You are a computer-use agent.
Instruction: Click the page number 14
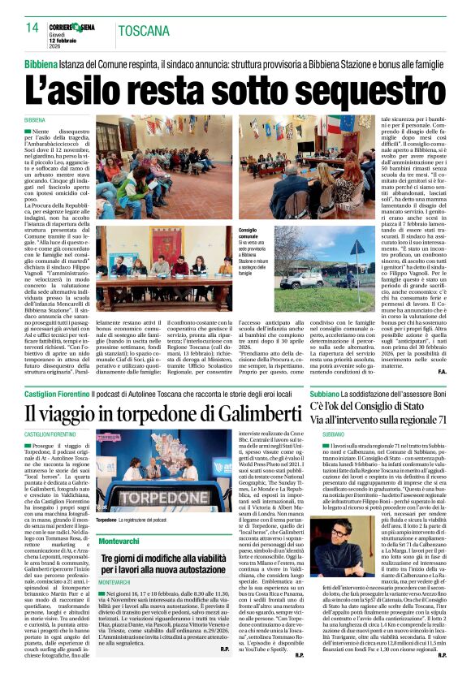pos(32,28)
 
